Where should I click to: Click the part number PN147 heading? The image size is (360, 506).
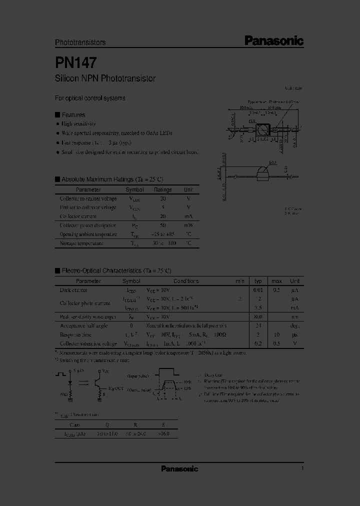[x=76, y=62]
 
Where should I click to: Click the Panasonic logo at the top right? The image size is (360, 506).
[x=273, y=41]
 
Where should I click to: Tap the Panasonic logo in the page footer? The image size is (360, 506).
[x=179, y=468]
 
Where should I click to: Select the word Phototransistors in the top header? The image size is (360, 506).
[x=80, y=43]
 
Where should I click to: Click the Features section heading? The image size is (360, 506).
[x=73, y=114]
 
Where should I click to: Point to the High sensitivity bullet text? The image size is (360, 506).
[x=78, y=123]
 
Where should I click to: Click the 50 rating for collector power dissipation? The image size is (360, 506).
[x=163, y=225]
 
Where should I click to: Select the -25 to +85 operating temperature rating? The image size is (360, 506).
[x=163, y=234]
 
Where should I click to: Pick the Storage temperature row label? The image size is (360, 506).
[x=81, y=243]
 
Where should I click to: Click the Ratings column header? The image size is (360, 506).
[x=163, y=190]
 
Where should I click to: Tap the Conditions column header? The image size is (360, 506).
[x=186, y=281]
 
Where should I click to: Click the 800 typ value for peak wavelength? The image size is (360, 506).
[x=258, y=317]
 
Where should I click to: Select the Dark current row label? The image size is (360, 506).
[x=73, y=290]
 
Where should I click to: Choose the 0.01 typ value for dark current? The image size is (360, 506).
[x=258, y=290]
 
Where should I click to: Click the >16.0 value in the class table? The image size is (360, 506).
[x=163, y=434]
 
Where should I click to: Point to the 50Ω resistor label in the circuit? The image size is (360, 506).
[x=64, y=393]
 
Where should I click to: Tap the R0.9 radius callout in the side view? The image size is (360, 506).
[x=272, y=162]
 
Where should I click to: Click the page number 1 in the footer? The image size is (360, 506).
[x=302, y=468]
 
